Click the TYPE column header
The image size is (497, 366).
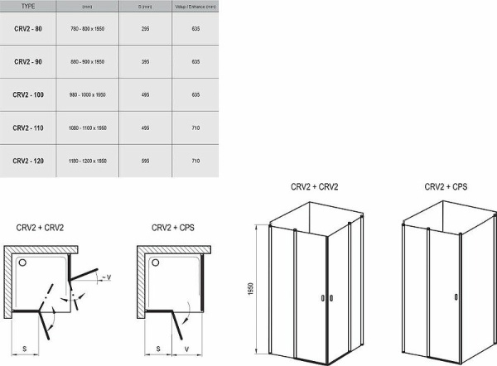tap(28, 5)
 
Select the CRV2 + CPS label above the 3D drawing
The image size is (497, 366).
tap(446, 188)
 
